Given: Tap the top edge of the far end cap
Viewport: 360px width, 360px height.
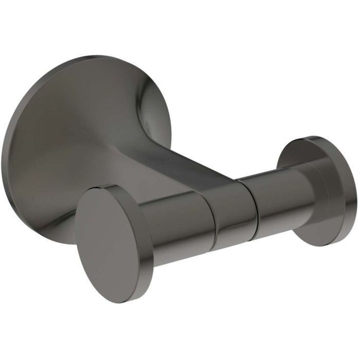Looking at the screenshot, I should [x=309, y=138].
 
